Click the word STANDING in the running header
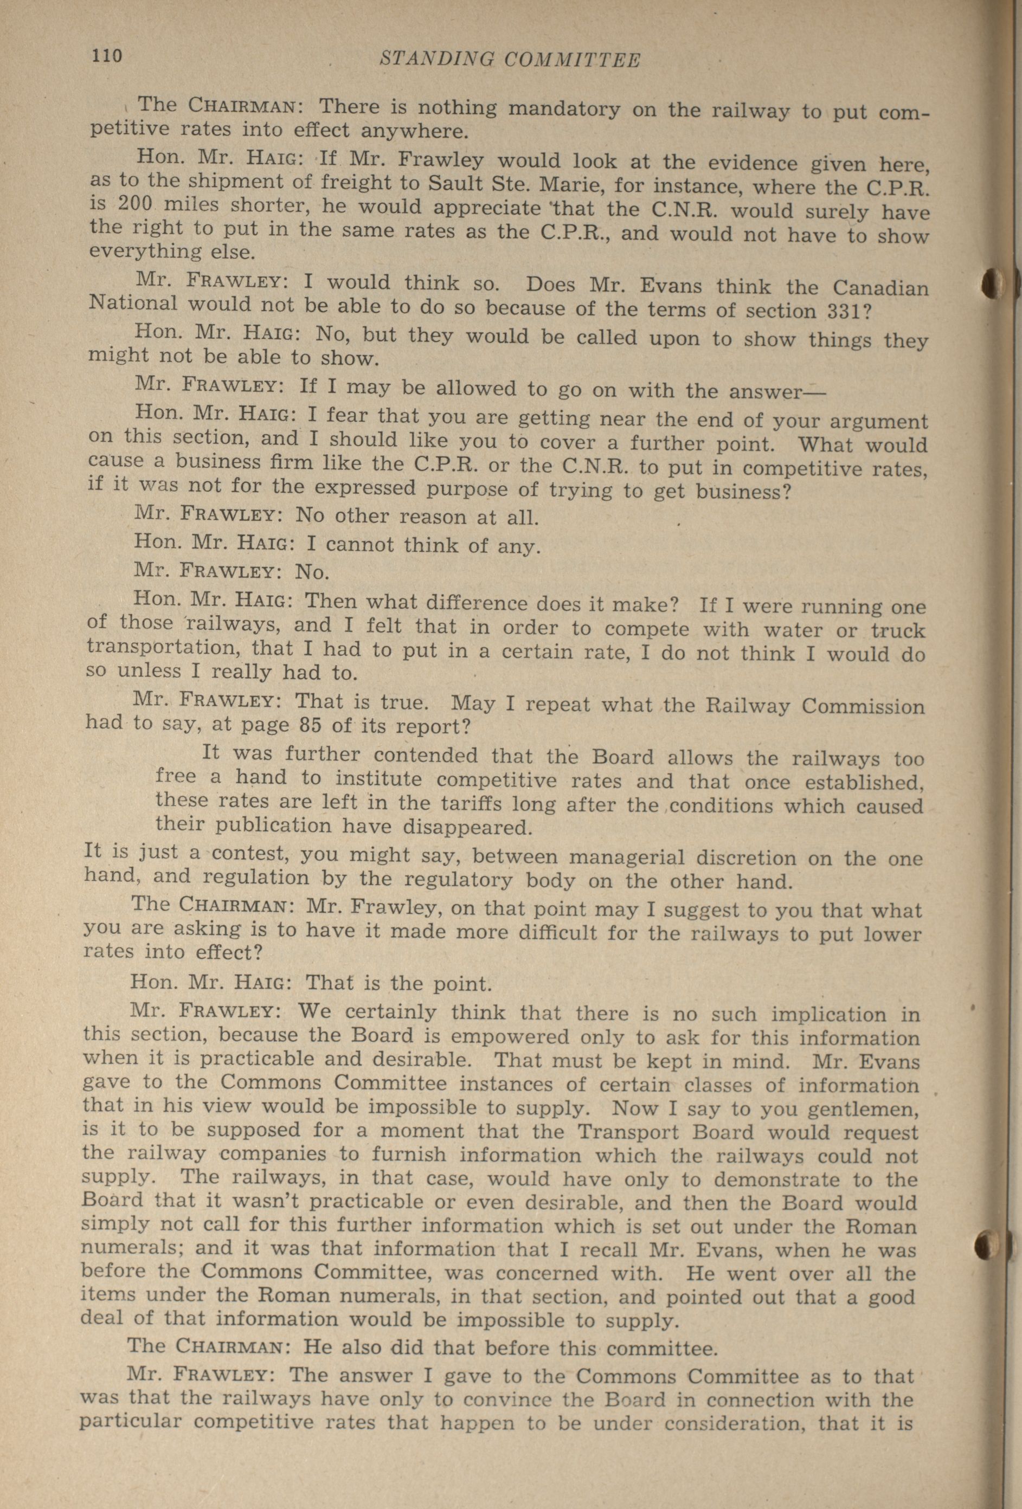click(434, 60)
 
